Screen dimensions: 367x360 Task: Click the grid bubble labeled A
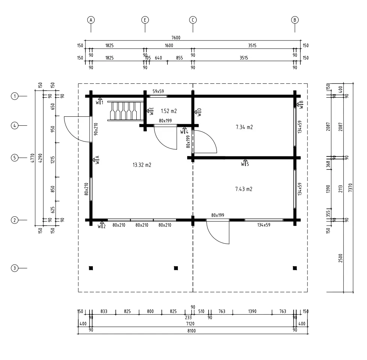point(91,20)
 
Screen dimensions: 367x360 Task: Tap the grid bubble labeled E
point(145,20)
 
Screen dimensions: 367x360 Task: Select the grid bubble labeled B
point(295,20)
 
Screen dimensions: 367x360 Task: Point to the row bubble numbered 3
point(15,268)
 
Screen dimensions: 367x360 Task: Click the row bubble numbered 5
point(15,158)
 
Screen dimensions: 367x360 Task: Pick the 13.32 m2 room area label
point(142,165)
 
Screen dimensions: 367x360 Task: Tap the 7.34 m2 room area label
point(244,127)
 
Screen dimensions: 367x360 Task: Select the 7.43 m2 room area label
point(244,189)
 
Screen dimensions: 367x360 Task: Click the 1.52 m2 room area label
point(169,111)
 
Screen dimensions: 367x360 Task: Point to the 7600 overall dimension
point(176,38)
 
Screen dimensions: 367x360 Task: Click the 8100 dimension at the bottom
point(191,331)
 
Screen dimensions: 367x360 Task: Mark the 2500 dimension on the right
point(340,258)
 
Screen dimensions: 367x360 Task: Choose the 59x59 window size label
point(158,91)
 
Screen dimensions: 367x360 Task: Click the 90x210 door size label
point(96,129)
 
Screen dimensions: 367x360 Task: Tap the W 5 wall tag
point(245,163)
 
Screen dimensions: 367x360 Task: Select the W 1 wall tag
point(100,101)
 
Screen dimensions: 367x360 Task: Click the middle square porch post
point(176,268)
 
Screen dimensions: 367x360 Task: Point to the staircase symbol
point(125,111)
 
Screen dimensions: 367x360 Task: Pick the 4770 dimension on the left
point(33,158)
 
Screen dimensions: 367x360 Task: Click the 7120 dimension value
point(190,324)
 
